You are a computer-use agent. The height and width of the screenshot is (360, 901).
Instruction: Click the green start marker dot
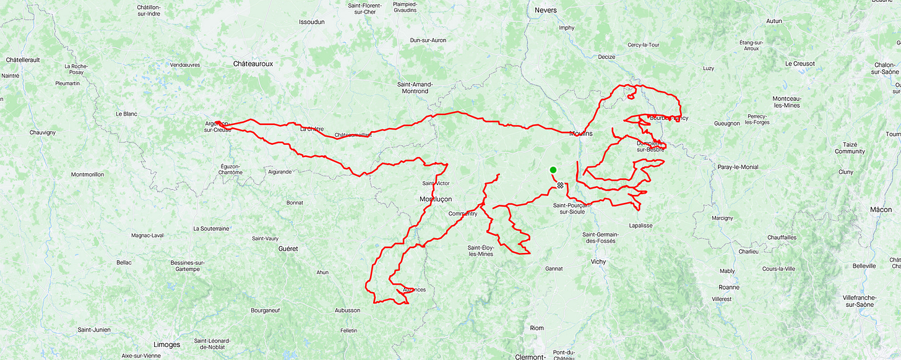pyautogui.click(x=553, y=170)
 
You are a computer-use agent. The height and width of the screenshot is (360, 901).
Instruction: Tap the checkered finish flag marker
pyautogui.click(x=560, y=185)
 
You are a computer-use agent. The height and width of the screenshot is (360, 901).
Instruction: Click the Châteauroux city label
pyautogui.click(x=253, y=64)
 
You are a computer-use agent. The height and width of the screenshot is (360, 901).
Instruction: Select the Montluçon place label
pyautogui.click(x=436, y=199)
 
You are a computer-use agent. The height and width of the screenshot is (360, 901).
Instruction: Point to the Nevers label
pyautogui.click(x=545, y=10)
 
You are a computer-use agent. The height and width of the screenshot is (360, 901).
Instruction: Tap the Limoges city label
pyautogui.click(x=166, y=345)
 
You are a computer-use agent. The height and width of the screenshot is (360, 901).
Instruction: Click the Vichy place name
pyautogui.click(x=598, y=262)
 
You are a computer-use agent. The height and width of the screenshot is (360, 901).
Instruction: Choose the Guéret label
pyautogui.click(x=288, y=249)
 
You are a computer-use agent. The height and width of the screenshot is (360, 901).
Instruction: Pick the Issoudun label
pyautogui.click(x=312, y=22)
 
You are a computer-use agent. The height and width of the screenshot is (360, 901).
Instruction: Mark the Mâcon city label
pyautogui.click(x=881, y=210)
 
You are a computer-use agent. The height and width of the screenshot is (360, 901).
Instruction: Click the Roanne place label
pyautogui.click(x=729, y=287)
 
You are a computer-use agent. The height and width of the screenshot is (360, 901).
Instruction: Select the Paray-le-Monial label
pyautogui.click(x=738, y=167)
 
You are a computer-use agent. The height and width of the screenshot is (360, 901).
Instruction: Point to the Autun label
pyautogui.click(x=774, y=21)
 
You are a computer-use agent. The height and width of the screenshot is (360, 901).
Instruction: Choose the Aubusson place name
pyautogui.click(x=347, y=311)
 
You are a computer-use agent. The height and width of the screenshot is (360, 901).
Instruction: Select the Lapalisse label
pyautogui.click(x=640, y=226)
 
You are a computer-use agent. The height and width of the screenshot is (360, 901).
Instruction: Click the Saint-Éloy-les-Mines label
pyautogui.click(x=481, y=251)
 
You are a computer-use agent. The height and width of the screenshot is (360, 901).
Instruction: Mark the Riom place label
pyautogui.click(x=537, y=328)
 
